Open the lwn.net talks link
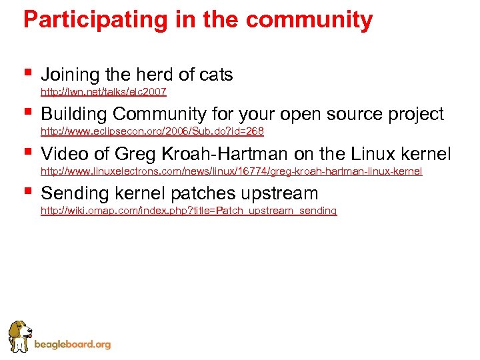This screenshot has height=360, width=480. coord(103,92)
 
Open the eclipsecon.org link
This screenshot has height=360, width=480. coord(152,132)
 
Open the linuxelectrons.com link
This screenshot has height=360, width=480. coord(231,171)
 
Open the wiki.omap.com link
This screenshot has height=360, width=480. coord(189,211)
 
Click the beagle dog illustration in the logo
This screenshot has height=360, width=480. coord(19,336)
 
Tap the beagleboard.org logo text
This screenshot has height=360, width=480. coord(73,345)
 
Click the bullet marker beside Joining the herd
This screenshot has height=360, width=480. coord(27,71)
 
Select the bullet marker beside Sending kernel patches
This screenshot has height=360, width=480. coord(27,190)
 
